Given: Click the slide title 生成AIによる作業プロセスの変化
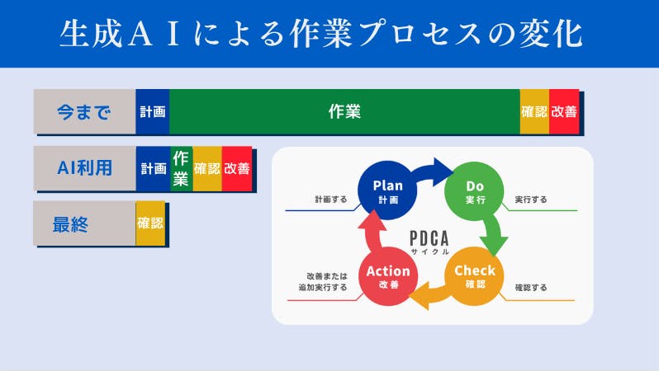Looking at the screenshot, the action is coord(321,34).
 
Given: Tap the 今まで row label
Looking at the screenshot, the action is coord(84,111).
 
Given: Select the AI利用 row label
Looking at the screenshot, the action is coord(84,168).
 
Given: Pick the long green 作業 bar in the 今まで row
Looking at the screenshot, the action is coord(344,111).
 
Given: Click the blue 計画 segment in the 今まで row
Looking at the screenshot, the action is coord(153,111).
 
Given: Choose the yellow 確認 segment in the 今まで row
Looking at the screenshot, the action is coord(534,111).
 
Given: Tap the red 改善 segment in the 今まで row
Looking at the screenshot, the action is coord(564,111).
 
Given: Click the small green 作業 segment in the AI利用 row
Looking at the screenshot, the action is coord(181,168).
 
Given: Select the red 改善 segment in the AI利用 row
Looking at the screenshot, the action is coord(237,168).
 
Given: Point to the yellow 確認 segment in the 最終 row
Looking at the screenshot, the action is coord(150,223).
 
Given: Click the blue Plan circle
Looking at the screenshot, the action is coord(387,190).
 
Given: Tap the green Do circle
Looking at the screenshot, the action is coord(475,191).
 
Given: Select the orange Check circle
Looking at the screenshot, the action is coord(475,276).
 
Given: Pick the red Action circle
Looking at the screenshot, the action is coord(388,276).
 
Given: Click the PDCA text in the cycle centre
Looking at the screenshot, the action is coord(429,239).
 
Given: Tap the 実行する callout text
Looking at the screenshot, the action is coord(531,200).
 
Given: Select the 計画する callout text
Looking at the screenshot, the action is coord(331,200).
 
